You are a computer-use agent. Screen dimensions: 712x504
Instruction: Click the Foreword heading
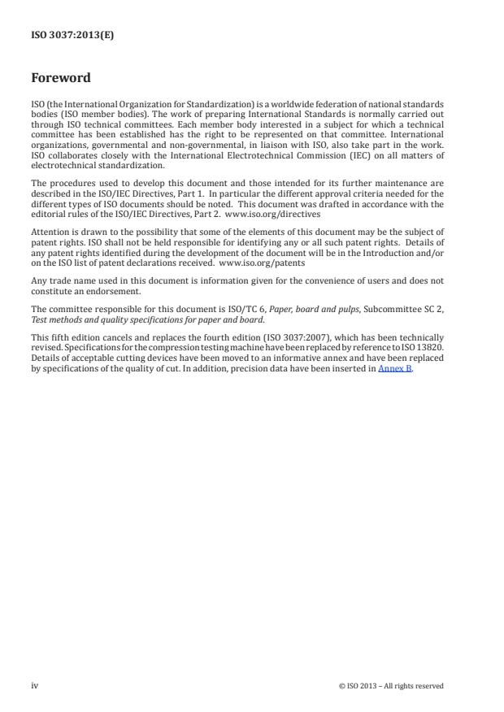61,78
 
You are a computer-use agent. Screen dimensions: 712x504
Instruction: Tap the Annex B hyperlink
395,369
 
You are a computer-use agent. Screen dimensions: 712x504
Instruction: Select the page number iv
34,686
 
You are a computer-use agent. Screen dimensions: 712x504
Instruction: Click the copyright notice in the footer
391,686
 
